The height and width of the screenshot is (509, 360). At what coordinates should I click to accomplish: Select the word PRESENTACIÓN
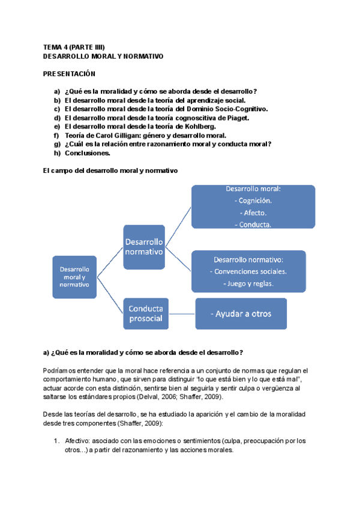click(x=70, y=73)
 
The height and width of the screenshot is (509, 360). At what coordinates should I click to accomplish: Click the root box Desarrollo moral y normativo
click(x=74, y=277)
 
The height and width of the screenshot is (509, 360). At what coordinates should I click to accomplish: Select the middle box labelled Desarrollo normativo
click(x=144, y=246)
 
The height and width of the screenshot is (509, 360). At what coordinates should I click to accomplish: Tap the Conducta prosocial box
click(x=145, y=313)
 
